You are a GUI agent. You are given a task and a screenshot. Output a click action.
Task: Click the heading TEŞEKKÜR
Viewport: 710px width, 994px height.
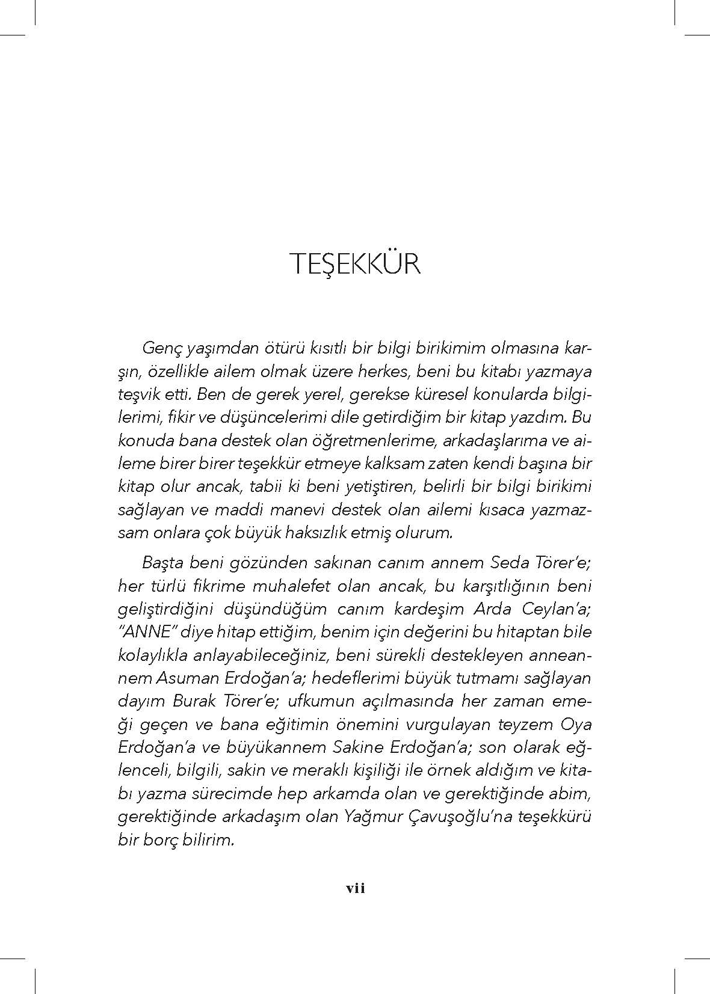[355, 265]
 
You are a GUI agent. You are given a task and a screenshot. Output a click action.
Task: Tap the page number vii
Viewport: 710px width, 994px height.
[355, 889]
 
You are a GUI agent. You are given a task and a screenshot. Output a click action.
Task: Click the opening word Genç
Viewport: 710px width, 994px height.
[159, 349]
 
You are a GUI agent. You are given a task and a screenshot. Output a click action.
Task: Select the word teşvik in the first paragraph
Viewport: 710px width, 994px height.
[138, 395]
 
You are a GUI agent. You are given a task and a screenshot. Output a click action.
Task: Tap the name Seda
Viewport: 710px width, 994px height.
[510, 563]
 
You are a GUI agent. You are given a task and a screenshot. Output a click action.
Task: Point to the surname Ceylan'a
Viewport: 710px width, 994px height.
[556, 609]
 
